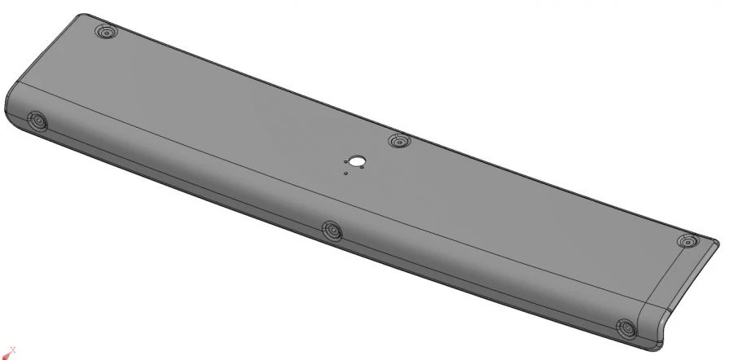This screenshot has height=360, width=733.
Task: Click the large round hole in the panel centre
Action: tap(357, 160)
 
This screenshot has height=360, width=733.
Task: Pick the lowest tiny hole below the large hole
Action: tap(346, 173)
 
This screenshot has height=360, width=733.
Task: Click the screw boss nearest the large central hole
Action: tap(398, 142)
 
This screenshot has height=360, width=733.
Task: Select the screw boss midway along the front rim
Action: tap(331, 230)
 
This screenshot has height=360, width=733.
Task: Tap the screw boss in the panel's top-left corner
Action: tap(106, 33)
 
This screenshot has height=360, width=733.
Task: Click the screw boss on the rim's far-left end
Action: tap(37, 122)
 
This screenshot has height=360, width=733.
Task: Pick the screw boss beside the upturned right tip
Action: tap(689, 242)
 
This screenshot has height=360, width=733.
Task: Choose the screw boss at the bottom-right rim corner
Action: tap(627, 329)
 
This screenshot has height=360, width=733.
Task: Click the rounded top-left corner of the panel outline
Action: tap(80, 16)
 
